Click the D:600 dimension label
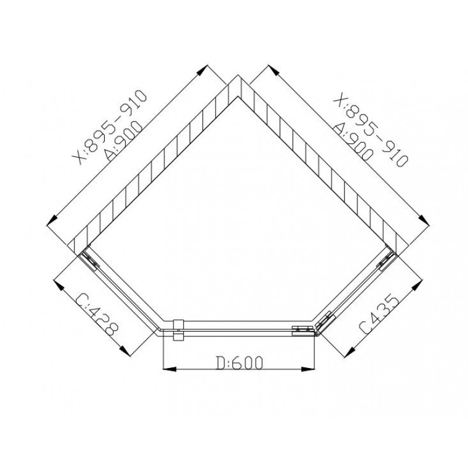coord(240,363)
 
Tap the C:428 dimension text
coord(97,315)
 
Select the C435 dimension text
coord(379,315)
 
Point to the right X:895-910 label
coord(370,129)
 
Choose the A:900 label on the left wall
coord(123,140)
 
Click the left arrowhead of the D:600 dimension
coord(169,369)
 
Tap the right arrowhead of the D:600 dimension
coord(308,369)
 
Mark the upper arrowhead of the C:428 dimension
coord(60,285)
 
